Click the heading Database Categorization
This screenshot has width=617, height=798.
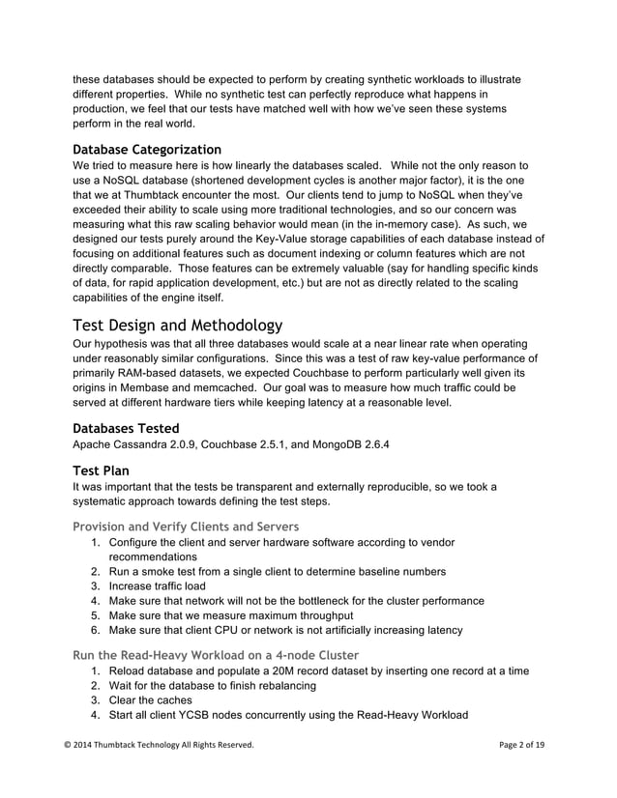click(147, 150)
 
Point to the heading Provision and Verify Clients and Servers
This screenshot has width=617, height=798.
click(186, 527)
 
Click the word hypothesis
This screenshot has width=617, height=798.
click(129, 344)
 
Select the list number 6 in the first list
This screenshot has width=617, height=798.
click(96, 630)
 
